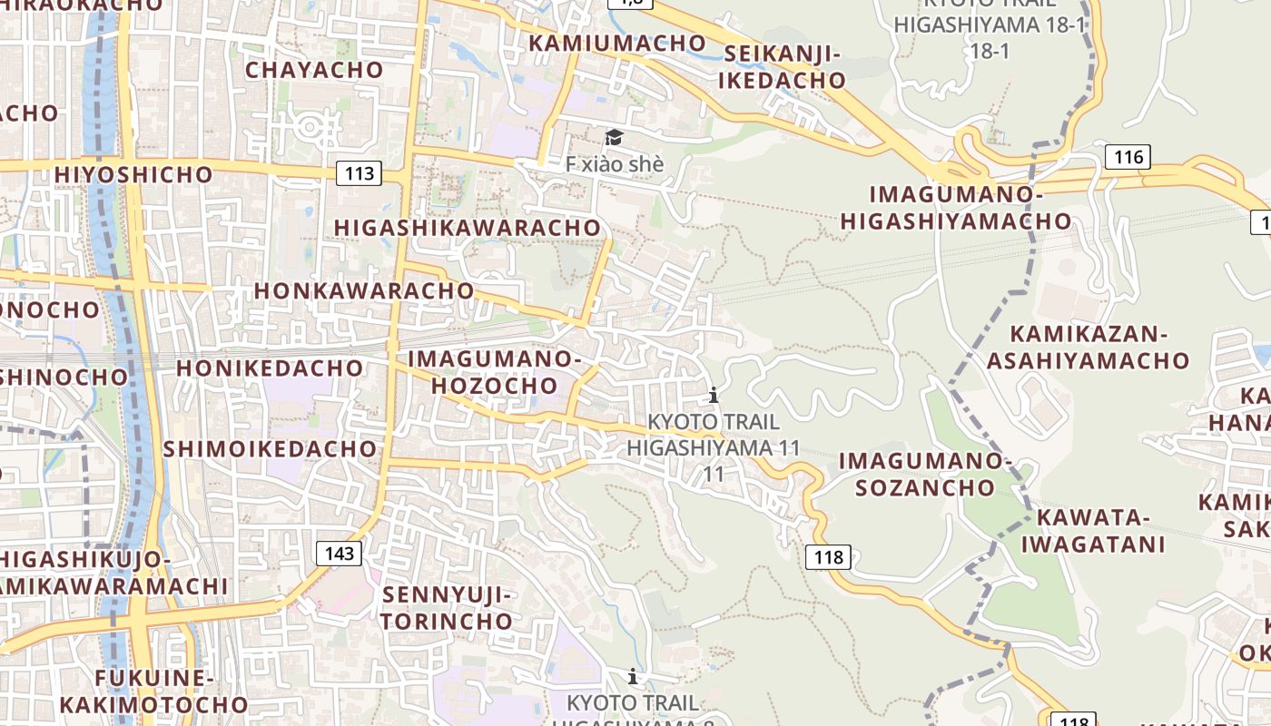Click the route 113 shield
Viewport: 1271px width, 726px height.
[360, 173]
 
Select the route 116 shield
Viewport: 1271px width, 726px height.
[1128, 157]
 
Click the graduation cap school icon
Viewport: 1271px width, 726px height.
[615, 137]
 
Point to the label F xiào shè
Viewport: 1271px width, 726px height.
[615, 164]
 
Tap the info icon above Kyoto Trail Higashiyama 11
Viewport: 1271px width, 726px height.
[714, 395]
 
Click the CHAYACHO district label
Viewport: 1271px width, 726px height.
[314, 69]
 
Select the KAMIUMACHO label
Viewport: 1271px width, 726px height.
[616, 43]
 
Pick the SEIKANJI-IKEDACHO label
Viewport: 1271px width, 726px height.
[782, 67]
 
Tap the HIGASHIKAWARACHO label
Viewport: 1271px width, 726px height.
[468, 227]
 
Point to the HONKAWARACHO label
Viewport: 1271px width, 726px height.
[364, 290]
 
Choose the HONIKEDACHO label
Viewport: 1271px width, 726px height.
[270, 368]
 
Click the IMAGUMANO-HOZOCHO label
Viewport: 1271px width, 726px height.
[494, 372]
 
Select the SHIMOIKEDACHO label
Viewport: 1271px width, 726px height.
[270, 448]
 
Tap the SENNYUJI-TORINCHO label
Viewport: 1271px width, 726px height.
[447, 608]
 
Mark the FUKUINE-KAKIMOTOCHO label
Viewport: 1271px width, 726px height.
[153, 691]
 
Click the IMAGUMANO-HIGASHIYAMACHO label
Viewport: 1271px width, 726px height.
[956, 207]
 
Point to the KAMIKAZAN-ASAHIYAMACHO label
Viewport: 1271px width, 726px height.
[1088, 347]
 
